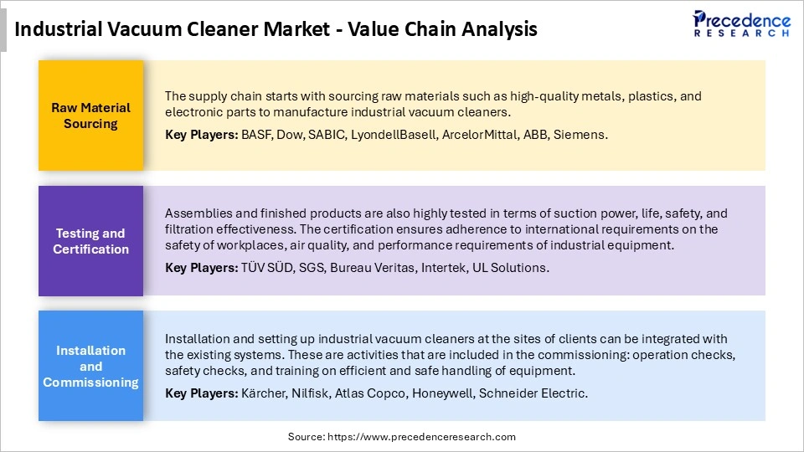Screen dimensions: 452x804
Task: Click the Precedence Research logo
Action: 741,23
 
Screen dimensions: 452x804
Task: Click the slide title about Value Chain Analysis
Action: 276,30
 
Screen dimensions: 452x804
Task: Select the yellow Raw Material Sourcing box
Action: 90,116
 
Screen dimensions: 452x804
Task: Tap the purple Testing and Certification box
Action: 90,241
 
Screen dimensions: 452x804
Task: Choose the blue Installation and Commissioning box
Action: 90,366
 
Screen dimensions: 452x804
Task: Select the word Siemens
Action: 583,135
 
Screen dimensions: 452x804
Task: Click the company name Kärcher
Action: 261,393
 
